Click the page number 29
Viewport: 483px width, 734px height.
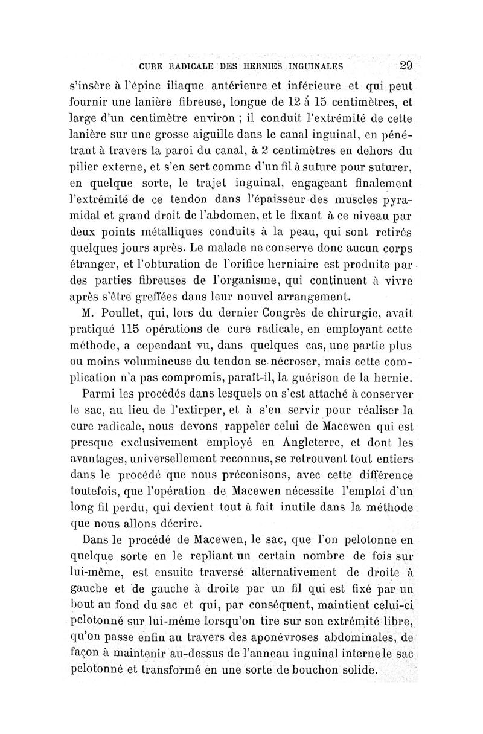click(406, 66)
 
